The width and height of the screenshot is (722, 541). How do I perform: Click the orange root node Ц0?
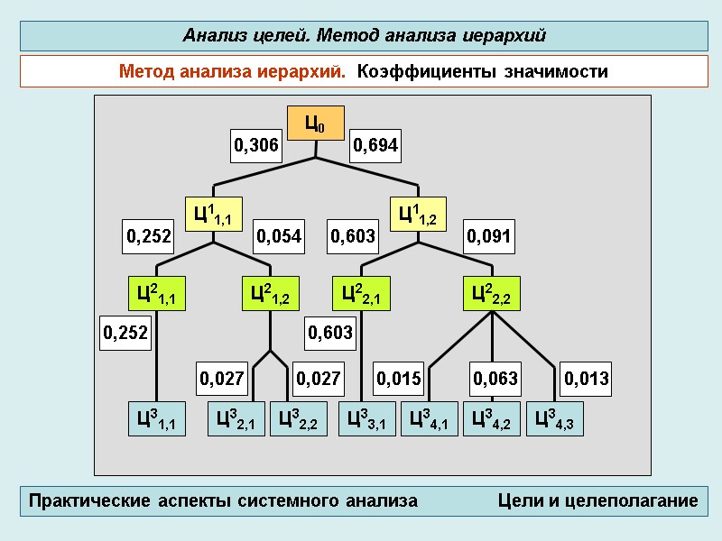pos(315,124)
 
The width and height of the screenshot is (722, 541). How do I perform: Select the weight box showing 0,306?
pos(257,145)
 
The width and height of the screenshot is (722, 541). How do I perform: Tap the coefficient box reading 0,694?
pos(375,145)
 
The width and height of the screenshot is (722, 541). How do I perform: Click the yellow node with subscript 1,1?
pos(214,214)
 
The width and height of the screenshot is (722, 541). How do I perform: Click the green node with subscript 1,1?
pos(156,293)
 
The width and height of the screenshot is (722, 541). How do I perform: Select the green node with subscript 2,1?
pos(362,293)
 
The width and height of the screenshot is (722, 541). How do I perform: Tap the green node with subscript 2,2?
pos(492,293)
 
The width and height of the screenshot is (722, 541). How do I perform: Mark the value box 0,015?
pos(399,379)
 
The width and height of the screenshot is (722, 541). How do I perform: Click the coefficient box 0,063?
pos(495,379)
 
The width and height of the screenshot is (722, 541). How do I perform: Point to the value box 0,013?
pos(587,379)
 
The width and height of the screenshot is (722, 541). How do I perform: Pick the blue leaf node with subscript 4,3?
pos(554,419)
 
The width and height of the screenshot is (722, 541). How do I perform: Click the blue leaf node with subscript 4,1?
pos(429,419)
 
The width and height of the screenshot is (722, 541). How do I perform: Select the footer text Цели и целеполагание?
pos(597,501)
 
